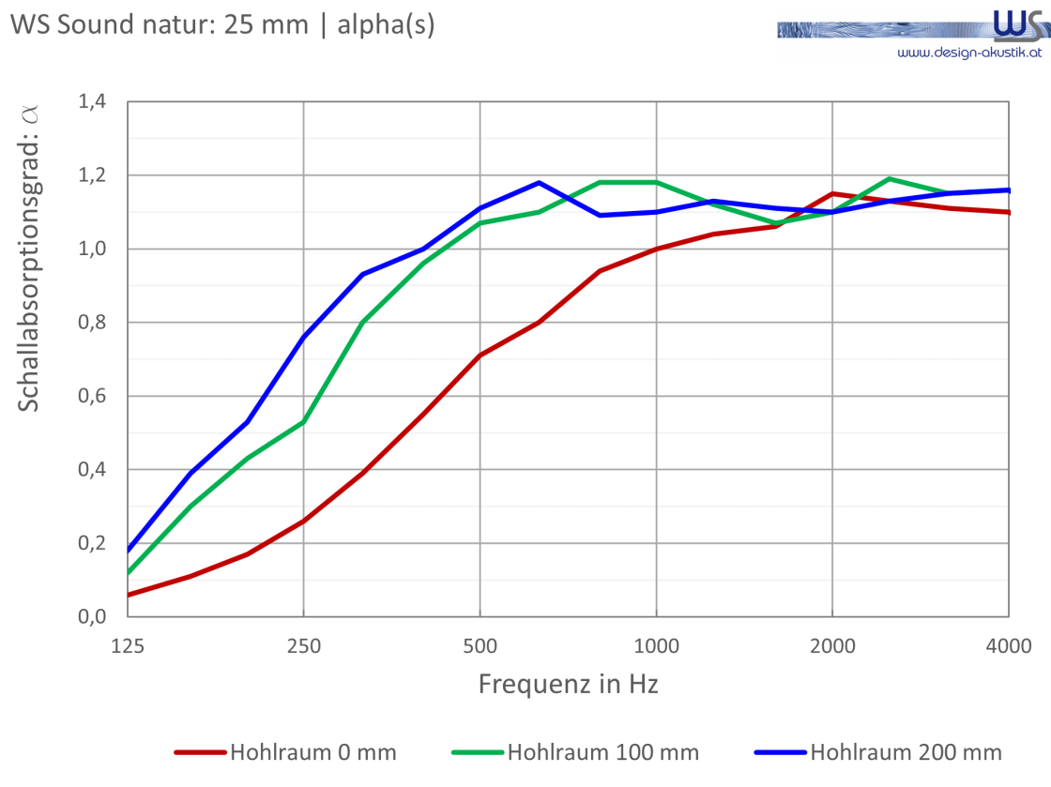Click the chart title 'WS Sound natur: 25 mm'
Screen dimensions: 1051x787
click(160, 24)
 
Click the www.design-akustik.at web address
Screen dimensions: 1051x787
click(969, 53)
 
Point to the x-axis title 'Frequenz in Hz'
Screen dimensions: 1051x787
click(569, 684)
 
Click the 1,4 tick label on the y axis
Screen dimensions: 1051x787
click(92, 101)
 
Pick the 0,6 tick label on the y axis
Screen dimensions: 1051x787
click(92, 396)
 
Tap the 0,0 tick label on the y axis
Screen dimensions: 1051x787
click(92, 616)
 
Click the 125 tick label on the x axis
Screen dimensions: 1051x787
click(128, 646)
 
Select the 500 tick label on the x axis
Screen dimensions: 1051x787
click(480, 646)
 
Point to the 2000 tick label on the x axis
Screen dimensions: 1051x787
click(832, 646)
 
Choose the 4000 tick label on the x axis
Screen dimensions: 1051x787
click(1009, 646)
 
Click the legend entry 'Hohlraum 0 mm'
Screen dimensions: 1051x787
click(285, 752)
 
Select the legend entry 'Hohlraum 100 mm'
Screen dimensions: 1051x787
click(575, 752)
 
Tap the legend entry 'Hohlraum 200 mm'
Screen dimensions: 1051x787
click(878, 752)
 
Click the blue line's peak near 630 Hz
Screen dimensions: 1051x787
click(539, 182)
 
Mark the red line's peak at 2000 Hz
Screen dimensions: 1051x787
click(832, 193)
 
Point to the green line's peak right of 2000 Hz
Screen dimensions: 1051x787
click(889, 179)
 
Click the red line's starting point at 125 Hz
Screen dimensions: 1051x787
click(128, 595)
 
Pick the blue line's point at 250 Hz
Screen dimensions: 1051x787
click(304, 337)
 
